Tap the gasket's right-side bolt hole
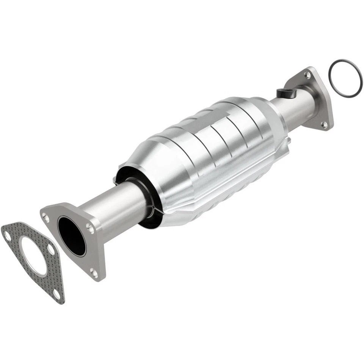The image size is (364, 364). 51,249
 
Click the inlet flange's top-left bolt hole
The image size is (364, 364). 46,217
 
